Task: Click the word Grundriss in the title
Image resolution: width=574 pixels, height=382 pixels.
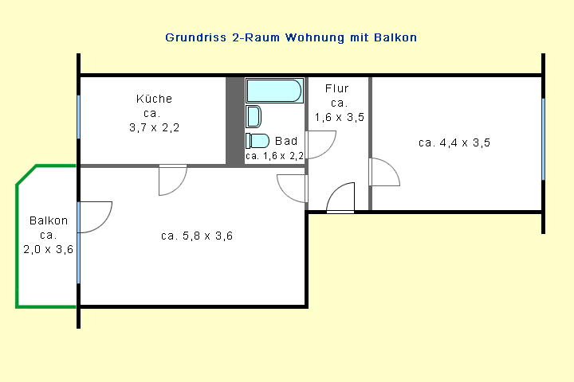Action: click(196, 37)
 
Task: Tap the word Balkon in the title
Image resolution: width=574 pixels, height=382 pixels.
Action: click(395, 37)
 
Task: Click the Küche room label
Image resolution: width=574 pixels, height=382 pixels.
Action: click(154, 99)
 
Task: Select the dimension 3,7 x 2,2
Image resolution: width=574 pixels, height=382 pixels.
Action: click(154, 127)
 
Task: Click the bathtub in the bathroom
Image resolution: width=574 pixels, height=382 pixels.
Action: click(274, 90)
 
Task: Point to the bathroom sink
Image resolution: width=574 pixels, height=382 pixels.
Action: click(253, 117)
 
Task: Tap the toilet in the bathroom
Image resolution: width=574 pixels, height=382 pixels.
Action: click(257, 141)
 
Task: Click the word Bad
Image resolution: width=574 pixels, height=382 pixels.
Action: click(286, 141)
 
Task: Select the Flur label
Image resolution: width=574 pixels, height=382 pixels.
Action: click(336, 88)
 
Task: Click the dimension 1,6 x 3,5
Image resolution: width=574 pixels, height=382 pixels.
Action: click(340, 117)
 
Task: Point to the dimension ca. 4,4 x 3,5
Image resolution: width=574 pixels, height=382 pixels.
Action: click(454, 142)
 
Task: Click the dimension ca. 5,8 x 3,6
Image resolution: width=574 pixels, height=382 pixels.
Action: click(197, 236)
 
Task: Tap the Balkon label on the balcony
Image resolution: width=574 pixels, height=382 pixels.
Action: click(49, 220)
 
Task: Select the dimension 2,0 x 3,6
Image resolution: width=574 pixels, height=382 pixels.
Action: click(49, 249)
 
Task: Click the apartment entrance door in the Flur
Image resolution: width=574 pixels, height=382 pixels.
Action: click(340, 197)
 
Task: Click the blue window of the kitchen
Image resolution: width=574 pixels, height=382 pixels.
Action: click(78, 117)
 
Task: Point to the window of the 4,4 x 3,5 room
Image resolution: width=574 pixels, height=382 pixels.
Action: click(543, 139)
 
